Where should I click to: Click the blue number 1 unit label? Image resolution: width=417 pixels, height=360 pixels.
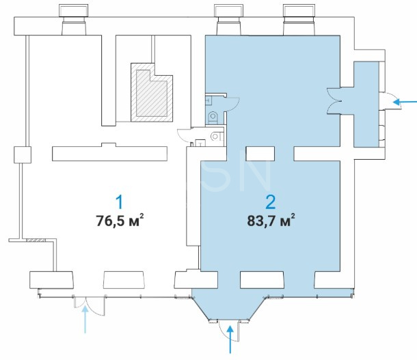120,202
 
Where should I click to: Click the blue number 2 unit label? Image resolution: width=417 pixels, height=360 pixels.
271,202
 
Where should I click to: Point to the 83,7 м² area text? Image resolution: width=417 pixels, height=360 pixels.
271,220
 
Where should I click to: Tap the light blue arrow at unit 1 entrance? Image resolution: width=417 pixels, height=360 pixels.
85,320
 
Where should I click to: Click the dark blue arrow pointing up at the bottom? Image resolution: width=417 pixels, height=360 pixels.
230,340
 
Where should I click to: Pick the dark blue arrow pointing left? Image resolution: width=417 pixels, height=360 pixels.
405,102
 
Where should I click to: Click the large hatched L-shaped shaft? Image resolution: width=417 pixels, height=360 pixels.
152,92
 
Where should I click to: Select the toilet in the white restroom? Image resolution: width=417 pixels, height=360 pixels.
216,137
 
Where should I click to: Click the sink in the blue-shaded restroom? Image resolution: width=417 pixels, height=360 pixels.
209,100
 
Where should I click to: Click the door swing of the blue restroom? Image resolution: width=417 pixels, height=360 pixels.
233,104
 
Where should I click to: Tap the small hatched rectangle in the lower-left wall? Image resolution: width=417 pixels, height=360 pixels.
36,240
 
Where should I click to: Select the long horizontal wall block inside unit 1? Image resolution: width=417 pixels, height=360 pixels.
109,153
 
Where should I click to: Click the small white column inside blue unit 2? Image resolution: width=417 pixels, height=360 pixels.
260,154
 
